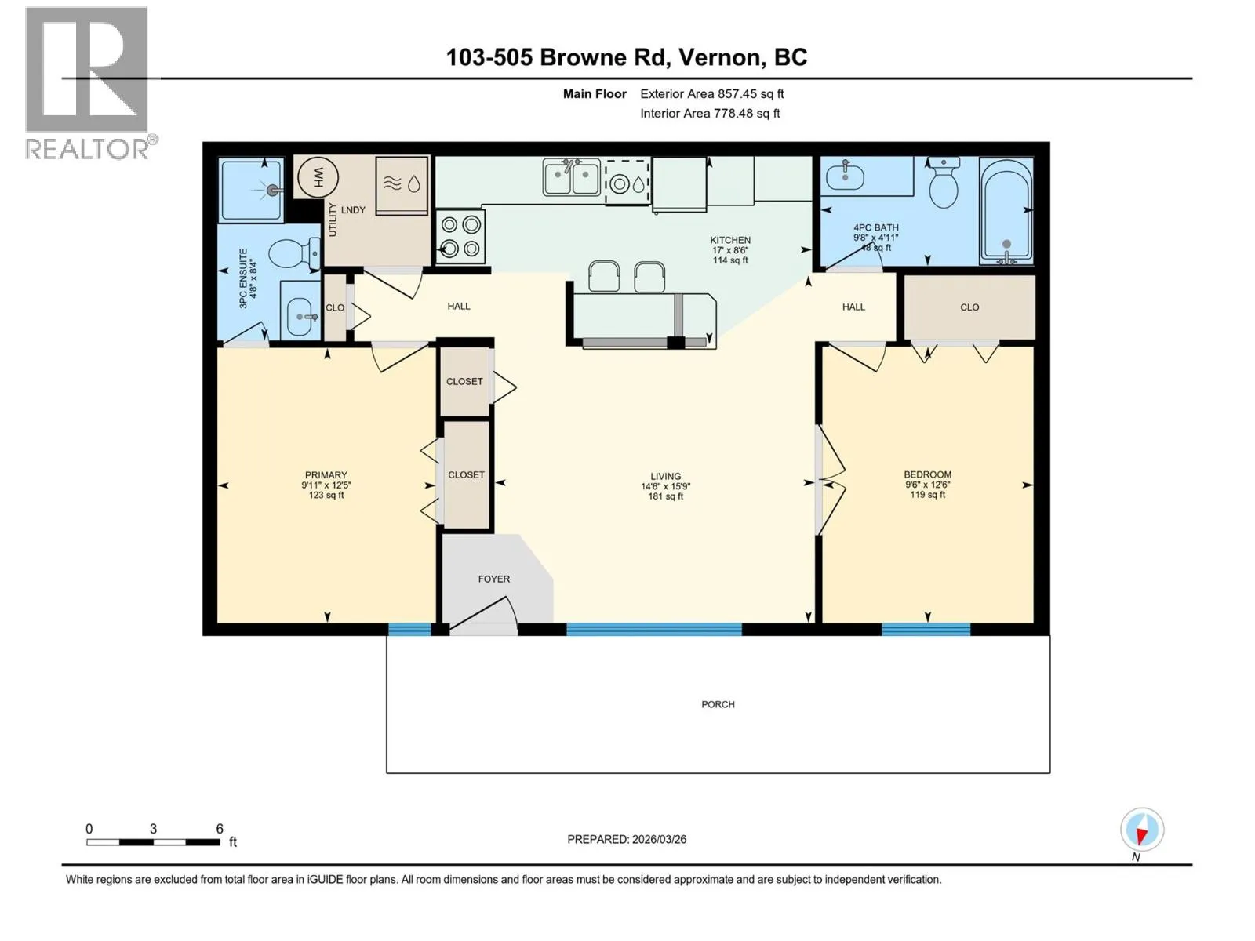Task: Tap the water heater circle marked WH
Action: (x=318, y=177)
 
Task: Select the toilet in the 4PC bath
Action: (x=943, y=183)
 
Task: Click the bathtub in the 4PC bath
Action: (x=1006, y=211)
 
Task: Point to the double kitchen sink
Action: (x=570, y=177)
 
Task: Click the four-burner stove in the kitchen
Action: (x=460, y=237)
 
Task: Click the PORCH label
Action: (x=718, y=704)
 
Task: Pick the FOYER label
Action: (x=493, y=579)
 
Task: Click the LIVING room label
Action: (x=665, y=476)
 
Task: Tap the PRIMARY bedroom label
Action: (x=326, y=474)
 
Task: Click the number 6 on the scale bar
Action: (x=220, y=828)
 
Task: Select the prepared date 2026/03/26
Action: (x=659, y=839)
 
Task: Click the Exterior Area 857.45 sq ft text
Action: (x=712, y=93)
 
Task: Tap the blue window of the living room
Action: (x=653, y=629)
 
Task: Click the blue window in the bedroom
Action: (x=926, y=629)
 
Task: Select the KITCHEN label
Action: (x=730, y=240)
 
